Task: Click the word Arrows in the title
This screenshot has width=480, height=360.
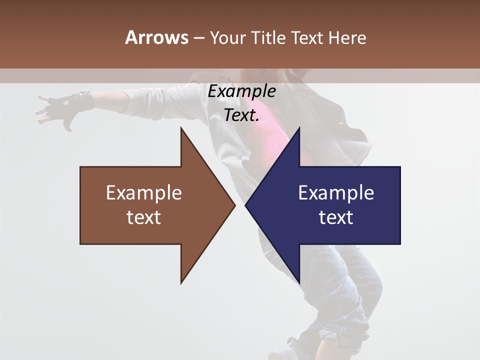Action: [156, 37]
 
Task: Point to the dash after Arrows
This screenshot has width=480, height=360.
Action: [198, 38]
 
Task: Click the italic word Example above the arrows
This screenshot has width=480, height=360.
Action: [242, 91]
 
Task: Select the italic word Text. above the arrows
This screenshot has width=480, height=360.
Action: [242, 115]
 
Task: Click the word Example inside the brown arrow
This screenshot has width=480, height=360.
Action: [144, 193]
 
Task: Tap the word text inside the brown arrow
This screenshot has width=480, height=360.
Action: [144, 217]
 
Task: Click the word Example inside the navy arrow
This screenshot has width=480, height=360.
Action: [336, 193]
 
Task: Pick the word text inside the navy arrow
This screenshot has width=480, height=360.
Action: [336, 217]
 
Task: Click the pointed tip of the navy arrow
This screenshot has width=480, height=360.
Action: [246, 205]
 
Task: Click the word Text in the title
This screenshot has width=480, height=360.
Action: [308, 38]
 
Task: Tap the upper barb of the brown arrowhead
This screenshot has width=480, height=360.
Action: [182, 130]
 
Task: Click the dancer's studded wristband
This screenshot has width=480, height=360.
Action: [84, 99]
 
